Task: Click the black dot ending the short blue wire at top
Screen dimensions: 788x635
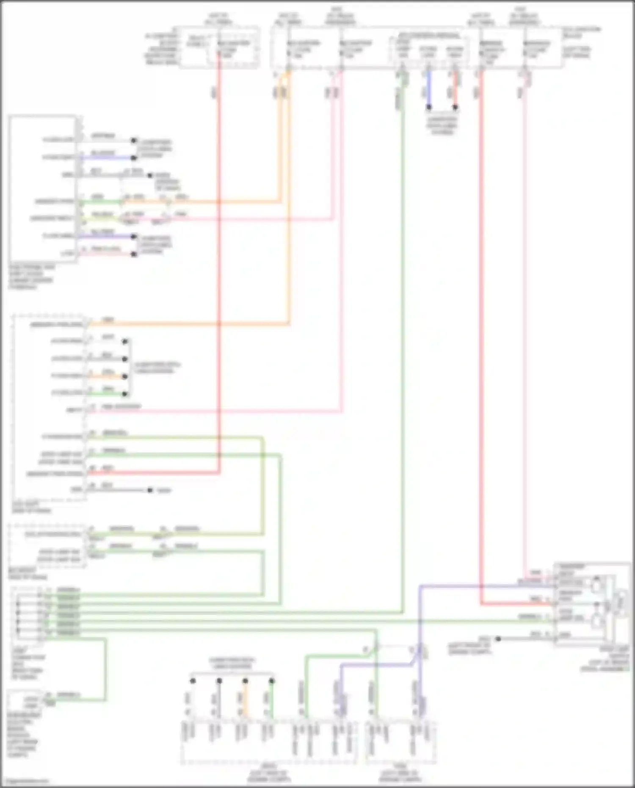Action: click(429, 107)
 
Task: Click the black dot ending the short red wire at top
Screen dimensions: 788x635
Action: click(455, 107)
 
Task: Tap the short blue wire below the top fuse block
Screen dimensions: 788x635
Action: click(429, 89)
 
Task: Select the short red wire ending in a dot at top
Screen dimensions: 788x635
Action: click(456, 89)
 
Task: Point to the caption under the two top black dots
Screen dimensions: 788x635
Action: click(442, 125)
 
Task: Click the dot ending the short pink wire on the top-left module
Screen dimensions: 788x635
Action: click(134, 254)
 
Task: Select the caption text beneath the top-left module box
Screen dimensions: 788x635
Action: click(31, 277)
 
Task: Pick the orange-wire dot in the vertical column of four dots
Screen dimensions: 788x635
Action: click(125, 376)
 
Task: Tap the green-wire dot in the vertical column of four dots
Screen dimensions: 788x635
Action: click(125, 394)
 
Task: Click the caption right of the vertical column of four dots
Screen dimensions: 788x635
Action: click(157, 368)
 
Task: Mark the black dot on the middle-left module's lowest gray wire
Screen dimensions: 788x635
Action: click(150, 490)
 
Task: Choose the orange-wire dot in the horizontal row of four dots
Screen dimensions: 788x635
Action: click(246, 681)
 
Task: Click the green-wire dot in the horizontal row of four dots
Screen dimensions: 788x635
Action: click(272, 681)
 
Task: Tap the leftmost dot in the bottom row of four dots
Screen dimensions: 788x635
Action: click(193, 681)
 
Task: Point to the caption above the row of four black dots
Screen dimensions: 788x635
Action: click(232, 663)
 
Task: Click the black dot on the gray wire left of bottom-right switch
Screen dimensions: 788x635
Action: click(498, 639)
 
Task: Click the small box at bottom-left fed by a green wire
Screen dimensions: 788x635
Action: click(25, 701)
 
